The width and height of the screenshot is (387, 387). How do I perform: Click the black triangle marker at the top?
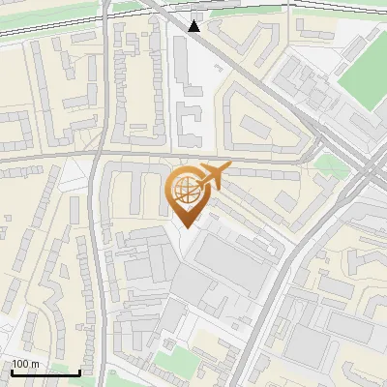(x=194, y=26)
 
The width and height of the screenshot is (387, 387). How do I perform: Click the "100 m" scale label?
(x=25, y=364)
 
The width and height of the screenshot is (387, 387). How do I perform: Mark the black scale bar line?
(x=45, y=372)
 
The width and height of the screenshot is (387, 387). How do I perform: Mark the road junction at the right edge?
(x=372, y=174)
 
